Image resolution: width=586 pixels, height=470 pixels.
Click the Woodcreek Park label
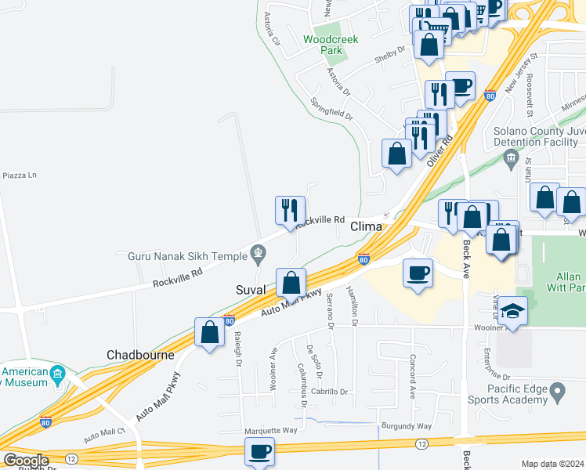323,44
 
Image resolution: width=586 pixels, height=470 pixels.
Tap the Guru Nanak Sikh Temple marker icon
257,252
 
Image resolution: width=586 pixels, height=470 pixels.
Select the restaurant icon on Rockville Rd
290,210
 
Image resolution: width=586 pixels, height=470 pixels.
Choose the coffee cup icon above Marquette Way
260,452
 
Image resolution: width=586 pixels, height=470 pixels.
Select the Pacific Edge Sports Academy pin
558,389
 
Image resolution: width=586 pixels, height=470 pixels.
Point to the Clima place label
366,226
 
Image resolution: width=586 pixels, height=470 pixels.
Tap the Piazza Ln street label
20,175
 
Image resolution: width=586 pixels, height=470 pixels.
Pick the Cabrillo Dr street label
328,391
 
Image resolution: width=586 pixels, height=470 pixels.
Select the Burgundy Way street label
407,426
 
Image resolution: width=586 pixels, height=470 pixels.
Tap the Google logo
25,461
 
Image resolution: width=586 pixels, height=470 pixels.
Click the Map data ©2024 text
553,464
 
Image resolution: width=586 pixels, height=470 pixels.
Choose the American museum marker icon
58,374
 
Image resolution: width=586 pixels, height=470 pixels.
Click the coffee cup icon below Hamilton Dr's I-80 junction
418,273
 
